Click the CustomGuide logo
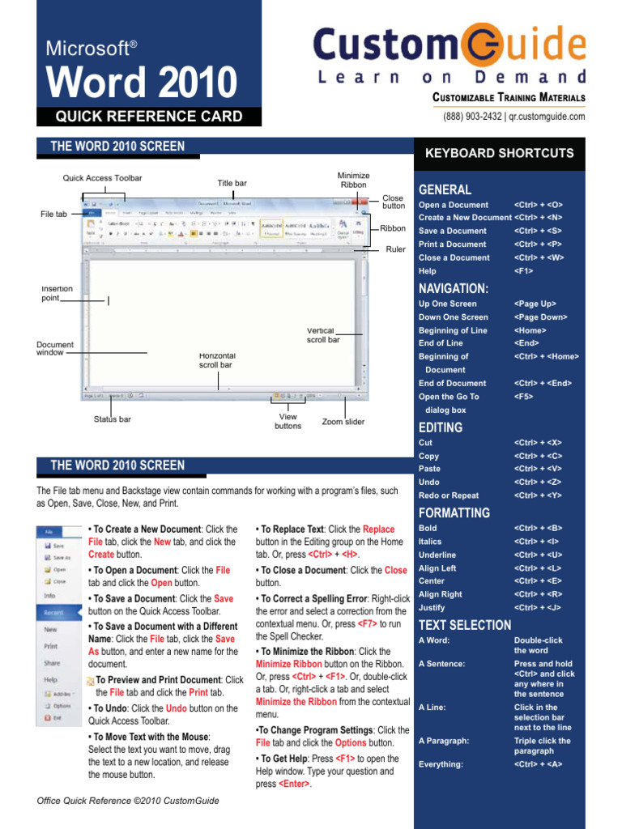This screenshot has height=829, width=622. (x=450, y=54)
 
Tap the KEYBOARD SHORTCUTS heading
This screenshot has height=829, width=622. (x=500, y=153)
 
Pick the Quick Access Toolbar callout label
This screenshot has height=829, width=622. (x=102, y=178)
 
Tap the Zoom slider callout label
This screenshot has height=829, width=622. (x=343, y=422)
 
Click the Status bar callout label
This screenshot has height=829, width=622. (x=113, y=419)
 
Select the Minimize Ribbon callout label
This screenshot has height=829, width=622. (x=353, y=180)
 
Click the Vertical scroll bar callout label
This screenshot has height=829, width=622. (x=323, y=335)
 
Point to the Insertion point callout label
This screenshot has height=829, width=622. (x=57, y=293)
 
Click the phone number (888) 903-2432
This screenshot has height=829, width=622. (x=471, y=117)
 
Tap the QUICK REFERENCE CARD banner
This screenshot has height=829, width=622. (x=148, y=117)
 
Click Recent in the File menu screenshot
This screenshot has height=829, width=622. (x=55, y=613)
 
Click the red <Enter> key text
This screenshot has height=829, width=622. (x=294, y=784)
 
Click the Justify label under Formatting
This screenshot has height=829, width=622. (x=432, y=607)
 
